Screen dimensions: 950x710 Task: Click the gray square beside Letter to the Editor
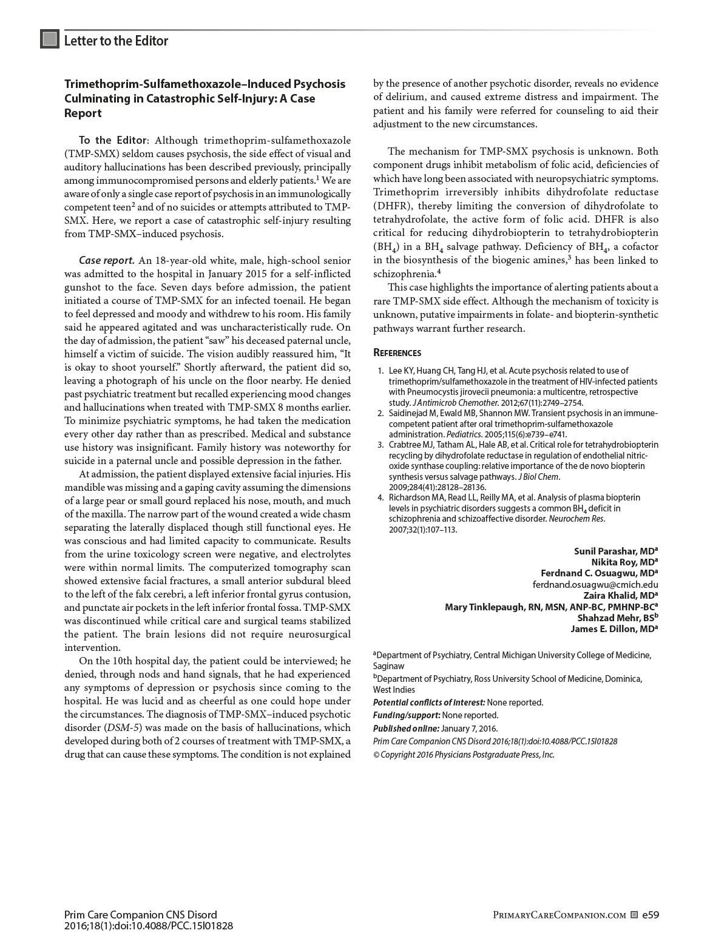click(x=50, y=39)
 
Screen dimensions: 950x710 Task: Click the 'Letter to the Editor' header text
click(x=116, y=41)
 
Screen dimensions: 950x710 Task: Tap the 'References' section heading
click(x=397, y=353)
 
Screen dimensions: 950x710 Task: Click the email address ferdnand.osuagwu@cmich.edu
click(x=595, y=585)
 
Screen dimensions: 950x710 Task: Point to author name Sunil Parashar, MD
click(x=615, y=551)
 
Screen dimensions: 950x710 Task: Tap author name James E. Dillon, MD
click(x=614, y=629)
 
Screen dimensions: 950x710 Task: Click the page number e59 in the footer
click(x=650, y=915)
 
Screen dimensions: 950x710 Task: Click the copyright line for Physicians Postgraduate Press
click(x=464, y=755)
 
